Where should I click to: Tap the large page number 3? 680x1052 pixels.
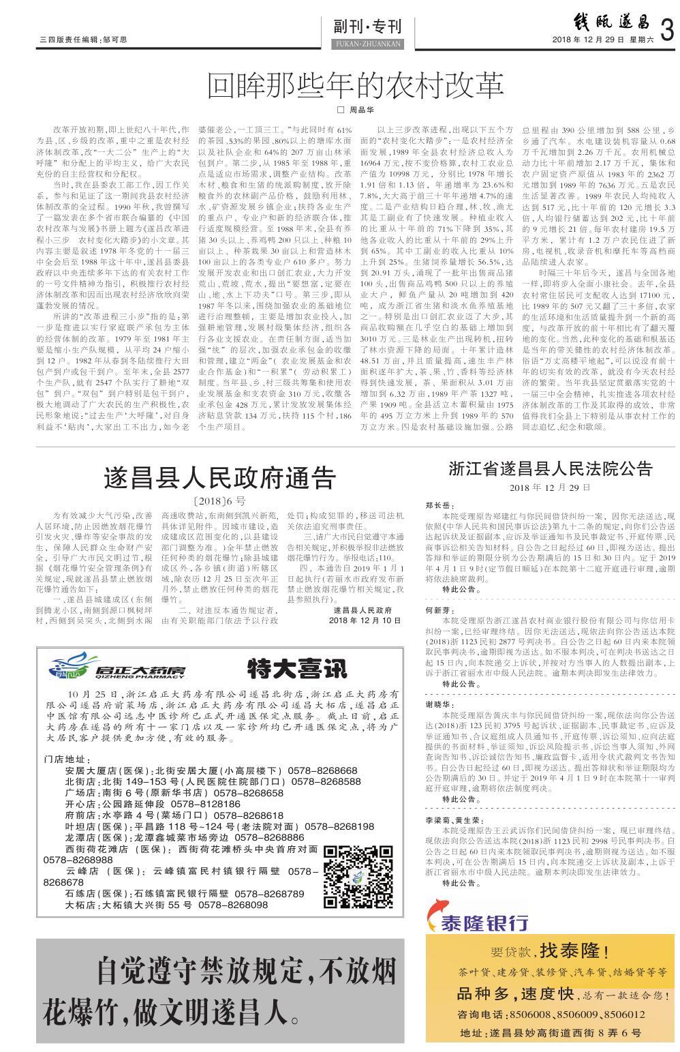tap(667, 31)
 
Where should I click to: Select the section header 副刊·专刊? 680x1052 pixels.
tap(368, 27)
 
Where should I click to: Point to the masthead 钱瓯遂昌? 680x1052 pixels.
tap(600, 22)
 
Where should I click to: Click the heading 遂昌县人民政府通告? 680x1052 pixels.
tap(220, 477)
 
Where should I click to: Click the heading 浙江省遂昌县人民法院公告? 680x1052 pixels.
tap(551, 468)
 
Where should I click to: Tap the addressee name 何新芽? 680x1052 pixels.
tap(439, 610)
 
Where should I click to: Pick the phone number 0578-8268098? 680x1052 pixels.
tap(233, 905)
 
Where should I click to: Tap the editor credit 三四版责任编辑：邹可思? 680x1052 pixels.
tap(83, 41)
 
